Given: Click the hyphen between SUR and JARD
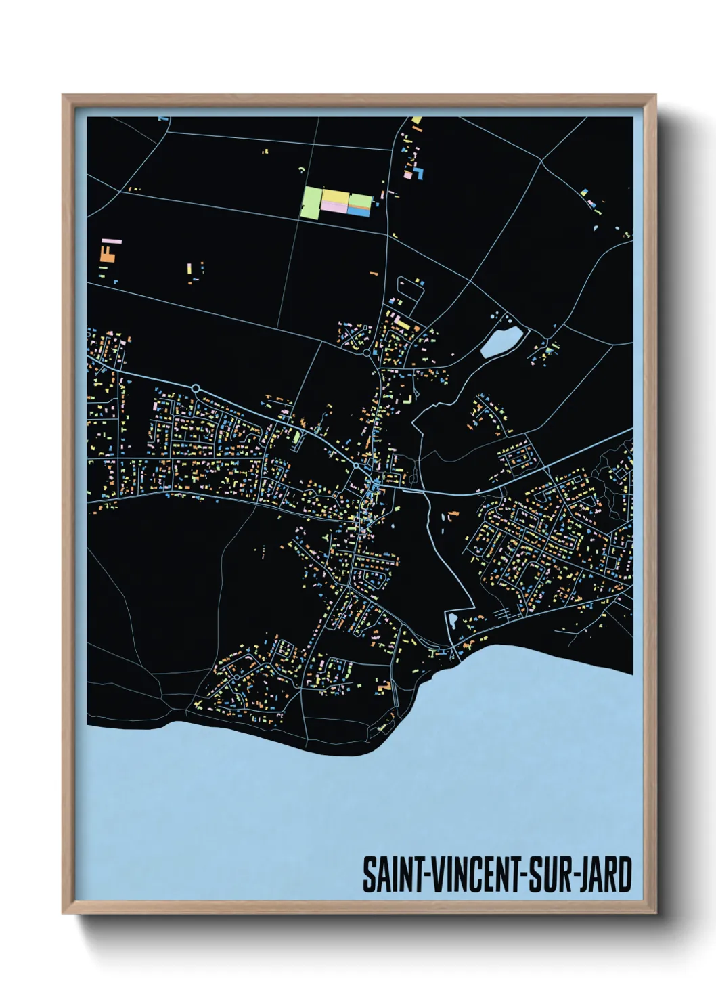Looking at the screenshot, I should (577, 876).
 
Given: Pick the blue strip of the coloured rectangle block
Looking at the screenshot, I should (359, 212).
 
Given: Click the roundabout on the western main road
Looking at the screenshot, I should (196, 388).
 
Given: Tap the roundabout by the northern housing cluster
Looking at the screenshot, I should (367, 352).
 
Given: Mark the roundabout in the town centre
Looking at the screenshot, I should (356, 466).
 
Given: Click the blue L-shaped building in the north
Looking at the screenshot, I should (419, 173).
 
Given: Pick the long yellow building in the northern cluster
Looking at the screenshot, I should (402, 323).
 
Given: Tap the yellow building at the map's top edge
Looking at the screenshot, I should (416, 121).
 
